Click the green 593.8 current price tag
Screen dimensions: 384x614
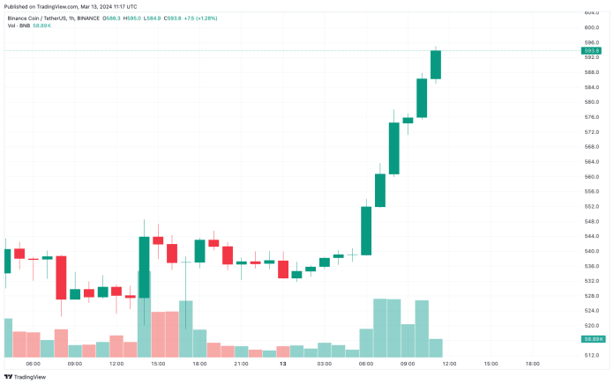click(x=592, y=51)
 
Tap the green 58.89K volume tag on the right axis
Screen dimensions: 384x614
click(x=593, y=339)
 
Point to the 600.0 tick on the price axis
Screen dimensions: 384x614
click(x=591, y=27)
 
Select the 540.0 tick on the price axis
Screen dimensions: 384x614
click(x=591, y=251)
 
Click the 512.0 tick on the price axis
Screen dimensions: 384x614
click(x=591, y=355)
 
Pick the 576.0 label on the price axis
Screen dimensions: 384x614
click(x=591, y=117)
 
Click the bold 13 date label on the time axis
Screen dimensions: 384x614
click(x=283, y=363)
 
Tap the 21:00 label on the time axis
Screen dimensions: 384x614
click(x=241, y=363)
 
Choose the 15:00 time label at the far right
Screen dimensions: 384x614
click(x=490, y=363)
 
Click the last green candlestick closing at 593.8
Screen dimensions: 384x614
click(x=436, y=65)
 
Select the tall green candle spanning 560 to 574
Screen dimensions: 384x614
click(x=394, y=148)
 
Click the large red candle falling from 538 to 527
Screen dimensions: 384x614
click(x=62, y=277)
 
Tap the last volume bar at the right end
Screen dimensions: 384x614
click(x=436, y=347)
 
